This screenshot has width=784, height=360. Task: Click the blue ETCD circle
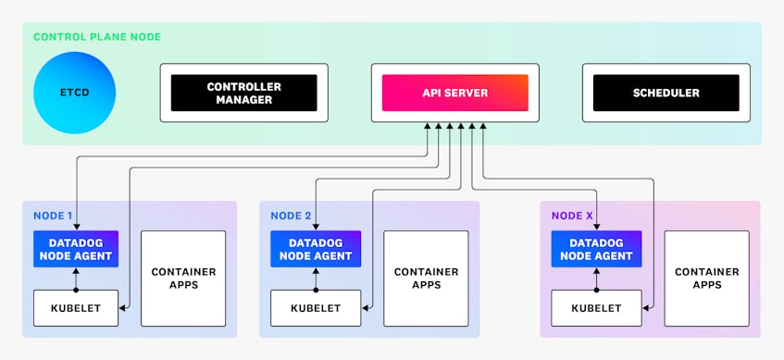[75, 93]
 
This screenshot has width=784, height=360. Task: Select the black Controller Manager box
[243, 93]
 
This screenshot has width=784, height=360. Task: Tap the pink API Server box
[454, 93]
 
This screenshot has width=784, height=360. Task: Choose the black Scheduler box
[666, 93]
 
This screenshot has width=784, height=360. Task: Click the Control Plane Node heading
[97, 37]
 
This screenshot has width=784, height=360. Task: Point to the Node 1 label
[53, 216]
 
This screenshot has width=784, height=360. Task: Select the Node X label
[571, 216]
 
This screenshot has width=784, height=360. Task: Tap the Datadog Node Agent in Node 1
[76, 249]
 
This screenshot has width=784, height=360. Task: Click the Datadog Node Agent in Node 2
[316, 249]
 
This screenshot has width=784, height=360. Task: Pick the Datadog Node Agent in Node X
[596, 249]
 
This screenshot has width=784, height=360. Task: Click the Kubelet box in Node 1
[76, 308]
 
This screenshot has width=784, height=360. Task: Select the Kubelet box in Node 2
[316, 308]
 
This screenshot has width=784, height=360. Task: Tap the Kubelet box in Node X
[596, 308]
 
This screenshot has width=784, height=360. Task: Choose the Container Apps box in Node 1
[183, 278]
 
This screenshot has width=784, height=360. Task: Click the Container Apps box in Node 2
[426, 278]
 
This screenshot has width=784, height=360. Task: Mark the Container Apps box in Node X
[706, 278]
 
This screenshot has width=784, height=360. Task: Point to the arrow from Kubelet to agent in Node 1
[76, 279]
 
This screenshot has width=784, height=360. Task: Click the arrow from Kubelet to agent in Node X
[596, 279]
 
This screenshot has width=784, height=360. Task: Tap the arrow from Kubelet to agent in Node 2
[316, 279]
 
